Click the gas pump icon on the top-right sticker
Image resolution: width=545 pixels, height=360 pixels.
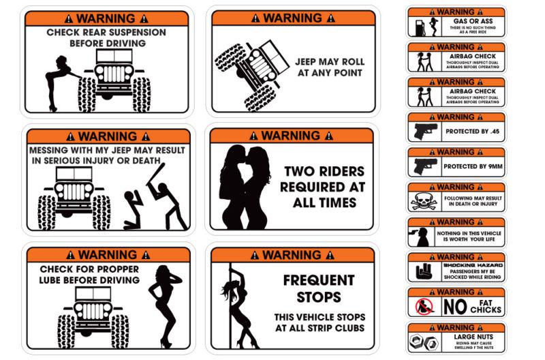[416, 27]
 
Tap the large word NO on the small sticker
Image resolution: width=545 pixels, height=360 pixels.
[454, 307]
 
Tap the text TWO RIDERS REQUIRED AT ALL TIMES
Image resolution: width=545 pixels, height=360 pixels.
[324, 186]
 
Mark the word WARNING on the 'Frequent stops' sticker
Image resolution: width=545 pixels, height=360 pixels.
[292, 255]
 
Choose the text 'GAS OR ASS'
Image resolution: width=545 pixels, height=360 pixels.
[467, 21]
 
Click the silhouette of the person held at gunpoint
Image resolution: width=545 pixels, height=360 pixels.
[424, 237]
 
